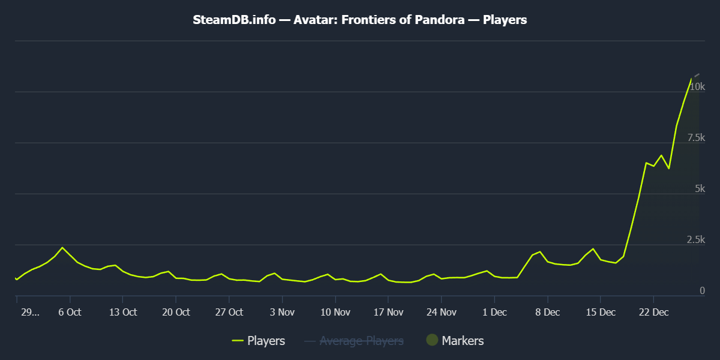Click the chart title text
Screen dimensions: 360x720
[360, 20]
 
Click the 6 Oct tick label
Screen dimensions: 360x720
[70, 313]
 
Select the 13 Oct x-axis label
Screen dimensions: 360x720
[122, 313]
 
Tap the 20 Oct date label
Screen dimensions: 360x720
[176, 313]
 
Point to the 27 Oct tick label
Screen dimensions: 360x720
[229, 313]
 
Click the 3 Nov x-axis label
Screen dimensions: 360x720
[282, 313]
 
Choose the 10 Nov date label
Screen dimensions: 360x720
[335, 313]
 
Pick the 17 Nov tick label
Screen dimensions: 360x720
[388, 313]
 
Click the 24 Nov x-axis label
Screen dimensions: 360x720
[441, 313]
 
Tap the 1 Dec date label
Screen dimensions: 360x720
[494, 313]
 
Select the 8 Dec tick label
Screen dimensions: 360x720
[547, 313]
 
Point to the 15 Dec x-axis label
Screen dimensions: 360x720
[600, 313]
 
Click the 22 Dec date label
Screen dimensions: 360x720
[653, 313]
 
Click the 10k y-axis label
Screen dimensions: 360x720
[697, 87]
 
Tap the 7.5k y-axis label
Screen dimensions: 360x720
[696, 138]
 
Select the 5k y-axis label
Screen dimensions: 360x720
[700, 189]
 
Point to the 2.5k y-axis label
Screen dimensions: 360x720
[696, 240]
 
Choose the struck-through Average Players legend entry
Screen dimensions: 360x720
[361, 341]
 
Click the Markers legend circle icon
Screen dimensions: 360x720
[431, 340]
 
